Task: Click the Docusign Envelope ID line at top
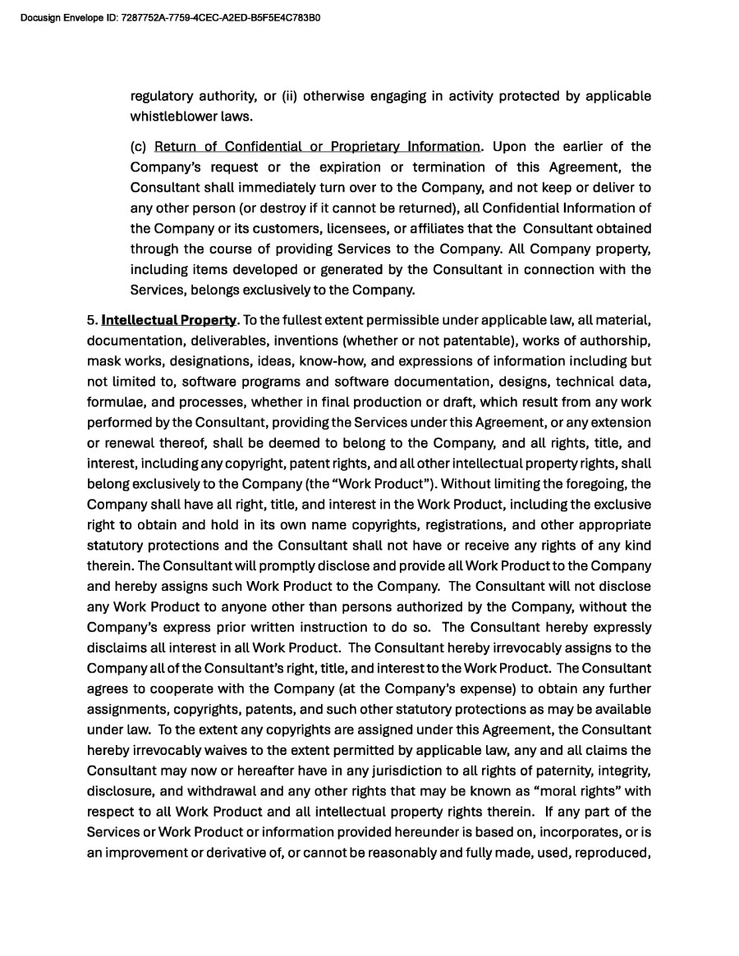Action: click(x=170, y=16)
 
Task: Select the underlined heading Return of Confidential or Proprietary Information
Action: click(x=317, y=147)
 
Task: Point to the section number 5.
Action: click(x=91, y=320)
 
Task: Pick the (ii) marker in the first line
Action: click(x=290, y=96)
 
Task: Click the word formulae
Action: click(x=113, y=402)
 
